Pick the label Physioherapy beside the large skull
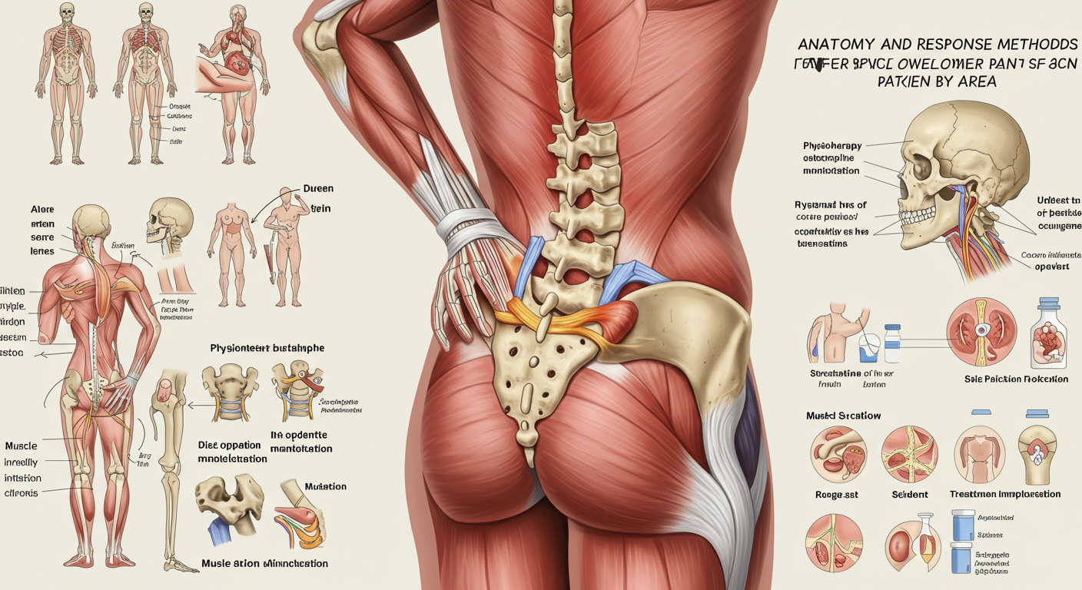(x=832, y=145)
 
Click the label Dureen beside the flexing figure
(x=318, y=188)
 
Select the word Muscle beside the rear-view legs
(x=21, y=446)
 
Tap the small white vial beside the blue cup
(x=891, y=343)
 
